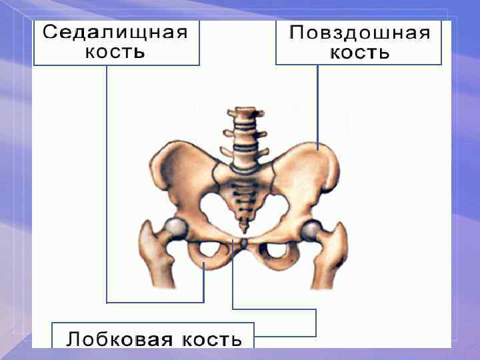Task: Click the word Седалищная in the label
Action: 116,32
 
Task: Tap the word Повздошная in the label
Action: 359,33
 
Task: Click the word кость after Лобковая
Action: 210,339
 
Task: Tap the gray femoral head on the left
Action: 176,227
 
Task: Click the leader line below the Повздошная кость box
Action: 317,107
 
